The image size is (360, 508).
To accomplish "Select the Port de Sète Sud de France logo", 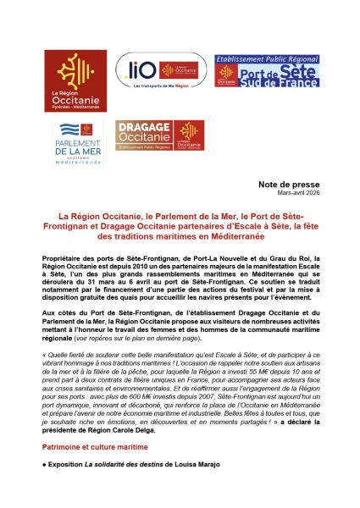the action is (266, 69).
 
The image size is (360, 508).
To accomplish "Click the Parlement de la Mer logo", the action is (75, 142).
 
